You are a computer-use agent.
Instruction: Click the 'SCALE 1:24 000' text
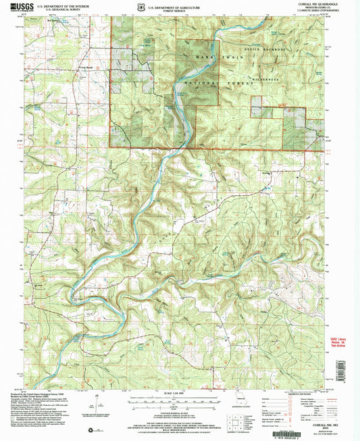coord(180,394)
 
